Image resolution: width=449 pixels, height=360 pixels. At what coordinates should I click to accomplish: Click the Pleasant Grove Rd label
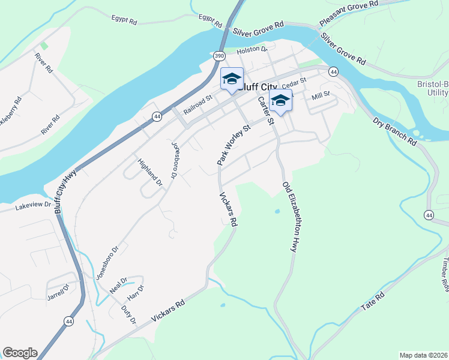point(349,12)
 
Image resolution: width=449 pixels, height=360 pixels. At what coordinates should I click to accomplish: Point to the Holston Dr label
point(251,50)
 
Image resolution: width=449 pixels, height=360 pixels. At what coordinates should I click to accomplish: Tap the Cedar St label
point(294,82)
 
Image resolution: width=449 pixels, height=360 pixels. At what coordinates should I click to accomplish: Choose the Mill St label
point(321,95)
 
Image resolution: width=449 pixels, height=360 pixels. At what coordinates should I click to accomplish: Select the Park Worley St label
point(234,145)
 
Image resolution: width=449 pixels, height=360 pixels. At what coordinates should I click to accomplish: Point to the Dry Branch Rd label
point(394,131)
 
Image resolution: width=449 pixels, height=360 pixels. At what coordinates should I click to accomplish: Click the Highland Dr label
point(150,171)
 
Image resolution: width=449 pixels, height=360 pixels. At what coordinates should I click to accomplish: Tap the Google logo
point(20,353)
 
